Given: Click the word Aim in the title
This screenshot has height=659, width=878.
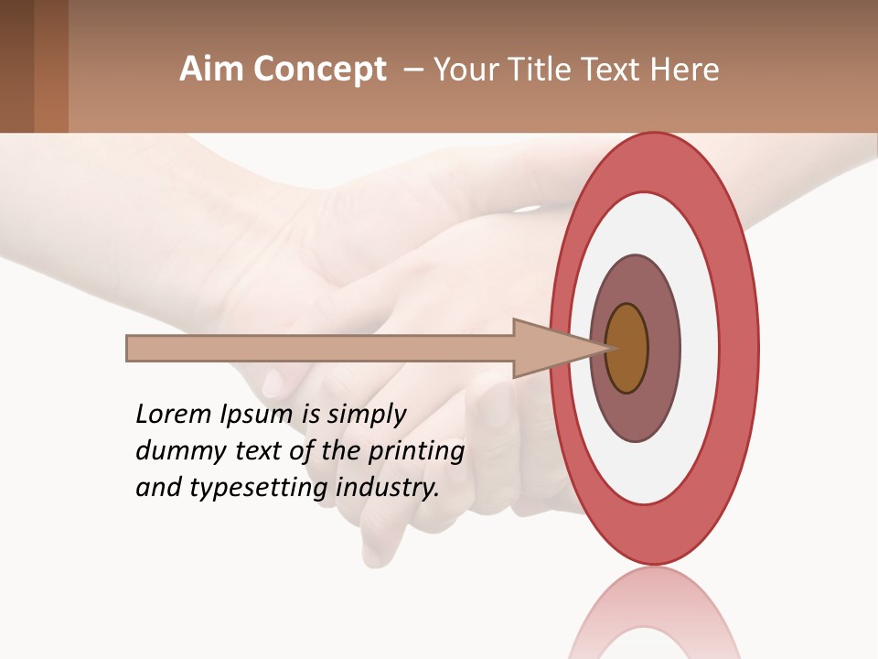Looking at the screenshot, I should click(211, 70).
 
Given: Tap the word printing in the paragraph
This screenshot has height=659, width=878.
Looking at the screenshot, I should click(416, 451).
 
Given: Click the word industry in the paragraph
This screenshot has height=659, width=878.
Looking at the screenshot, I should click(388, 488).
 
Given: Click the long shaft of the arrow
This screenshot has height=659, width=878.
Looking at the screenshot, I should click(320, 349).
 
